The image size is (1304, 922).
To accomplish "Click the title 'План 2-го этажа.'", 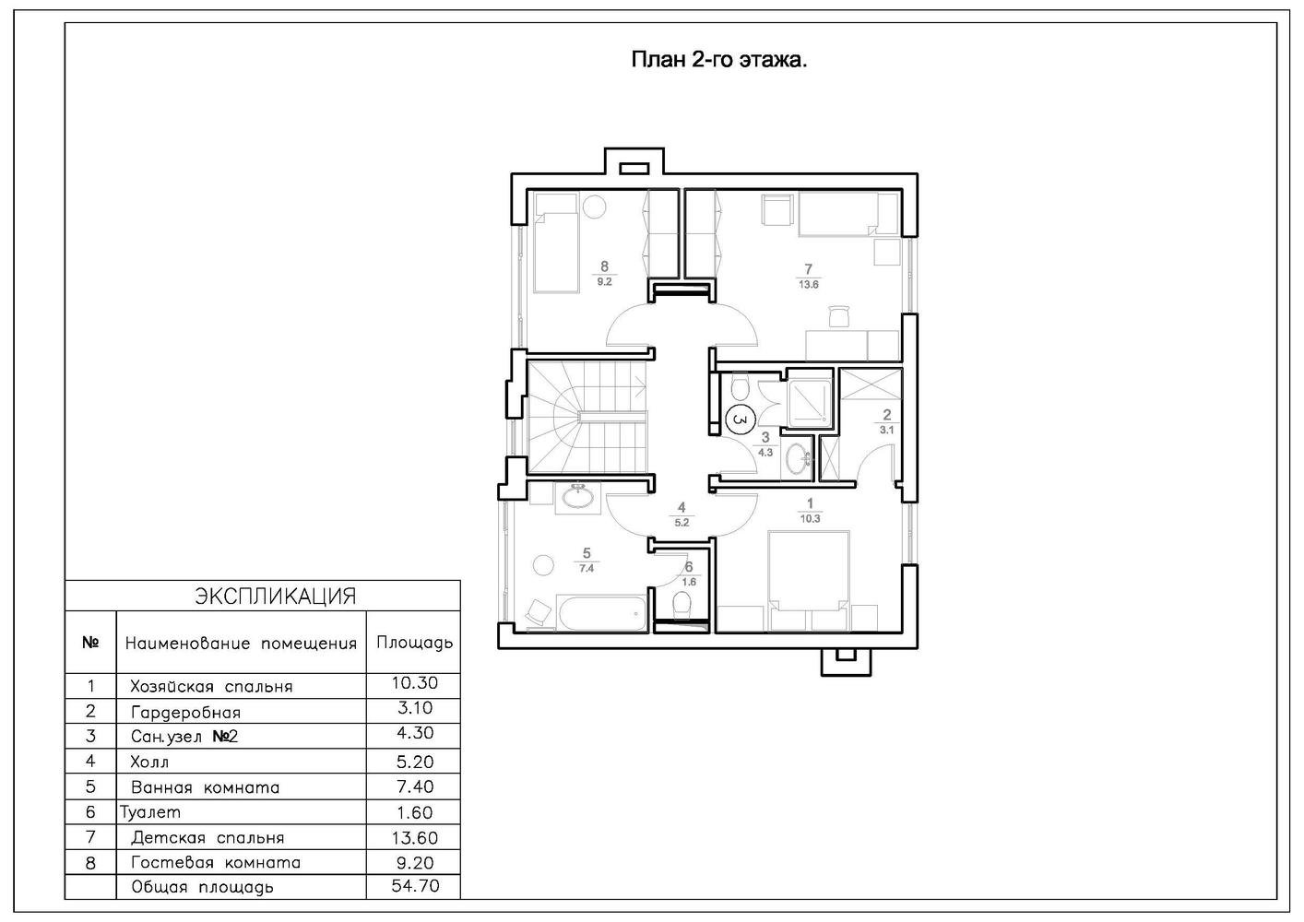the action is [719, 60].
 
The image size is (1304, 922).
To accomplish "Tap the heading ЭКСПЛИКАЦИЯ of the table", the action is [275, 597].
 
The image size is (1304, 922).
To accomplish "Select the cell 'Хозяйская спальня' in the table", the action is [211, 687].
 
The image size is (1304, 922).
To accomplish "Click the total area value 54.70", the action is [415, 886].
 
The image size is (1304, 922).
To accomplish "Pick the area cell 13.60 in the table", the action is [415, 837].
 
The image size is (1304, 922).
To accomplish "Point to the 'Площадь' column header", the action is [414, 643].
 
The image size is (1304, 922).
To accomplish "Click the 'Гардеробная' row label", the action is [185, 713].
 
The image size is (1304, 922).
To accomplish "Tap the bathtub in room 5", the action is [601, 613].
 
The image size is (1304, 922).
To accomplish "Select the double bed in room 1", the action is [809, 580].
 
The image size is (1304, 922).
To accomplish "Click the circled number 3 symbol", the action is [740, 420].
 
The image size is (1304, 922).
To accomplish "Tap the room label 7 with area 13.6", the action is [809, 276].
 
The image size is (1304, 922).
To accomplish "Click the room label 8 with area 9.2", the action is [604, 274].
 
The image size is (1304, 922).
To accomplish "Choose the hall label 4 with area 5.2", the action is [682, 514].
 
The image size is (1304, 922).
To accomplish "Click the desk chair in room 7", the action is [839, 316].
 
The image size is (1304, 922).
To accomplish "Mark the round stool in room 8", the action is [595, 207].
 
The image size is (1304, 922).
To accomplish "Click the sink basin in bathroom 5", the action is [577, 496].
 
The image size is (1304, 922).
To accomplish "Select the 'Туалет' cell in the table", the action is [150, 812].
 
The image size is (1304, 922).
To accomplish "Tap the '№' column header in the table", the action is [90, 642].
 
